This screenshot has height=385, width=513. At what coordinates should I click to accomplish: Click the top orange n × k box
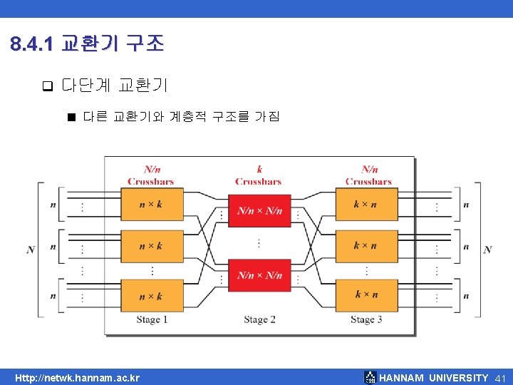click(x=151, y=204)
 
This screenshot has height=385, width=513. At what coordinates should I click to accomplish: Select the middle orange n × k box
click(x=151, y=246)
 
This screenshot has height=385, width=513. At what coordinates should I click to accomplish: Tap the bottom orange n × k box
click(x=151, y=295)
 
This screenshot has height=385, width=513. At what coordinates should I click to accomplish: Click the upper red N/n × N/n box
click(x=259, y=210)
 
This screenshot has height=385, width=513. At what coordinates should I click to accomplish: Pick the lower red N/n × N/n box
click(x=259, y=274)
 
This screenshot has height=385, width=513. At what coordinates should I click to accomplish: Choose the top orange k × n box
click(x=365, y=204)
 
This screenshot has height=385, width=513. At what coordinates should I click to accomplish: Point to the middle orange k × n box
click(x=365, y=246)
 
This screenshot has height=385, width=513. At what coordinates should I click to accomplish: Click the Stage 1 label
click(x=152, y=320)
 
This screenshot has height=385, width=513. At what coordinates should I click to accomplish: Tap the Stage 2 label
click(x=259, y=320)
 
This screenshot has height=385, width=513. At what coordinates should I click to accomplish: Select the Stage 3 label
click(x=366, y=320)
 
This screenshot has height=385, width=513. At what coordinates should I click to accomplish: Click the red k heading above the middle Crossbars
click(x=259, y=170)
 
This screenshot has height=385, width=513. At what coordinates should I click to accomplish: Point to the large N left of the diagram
click(x=31, y=250)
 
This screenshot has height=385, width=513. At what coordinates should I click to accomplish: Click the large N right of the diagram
click(x=487, y=250)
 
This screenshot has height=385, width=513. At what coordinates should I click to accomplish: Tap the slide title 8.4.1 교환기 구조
click(x=88, y=45)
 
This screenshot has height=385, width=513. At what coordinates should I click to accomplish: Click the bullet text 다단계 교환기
click(x=115, y=86)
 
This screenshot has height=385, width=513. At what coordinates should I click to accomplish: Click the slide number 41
click(x=500, y=378)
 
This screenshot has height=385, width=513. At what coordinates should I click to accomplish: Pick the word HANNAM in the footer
click(x=402, y=378)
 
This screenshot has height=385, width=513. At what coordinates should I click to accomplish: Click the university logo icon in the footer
click(x=370, y=378)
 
